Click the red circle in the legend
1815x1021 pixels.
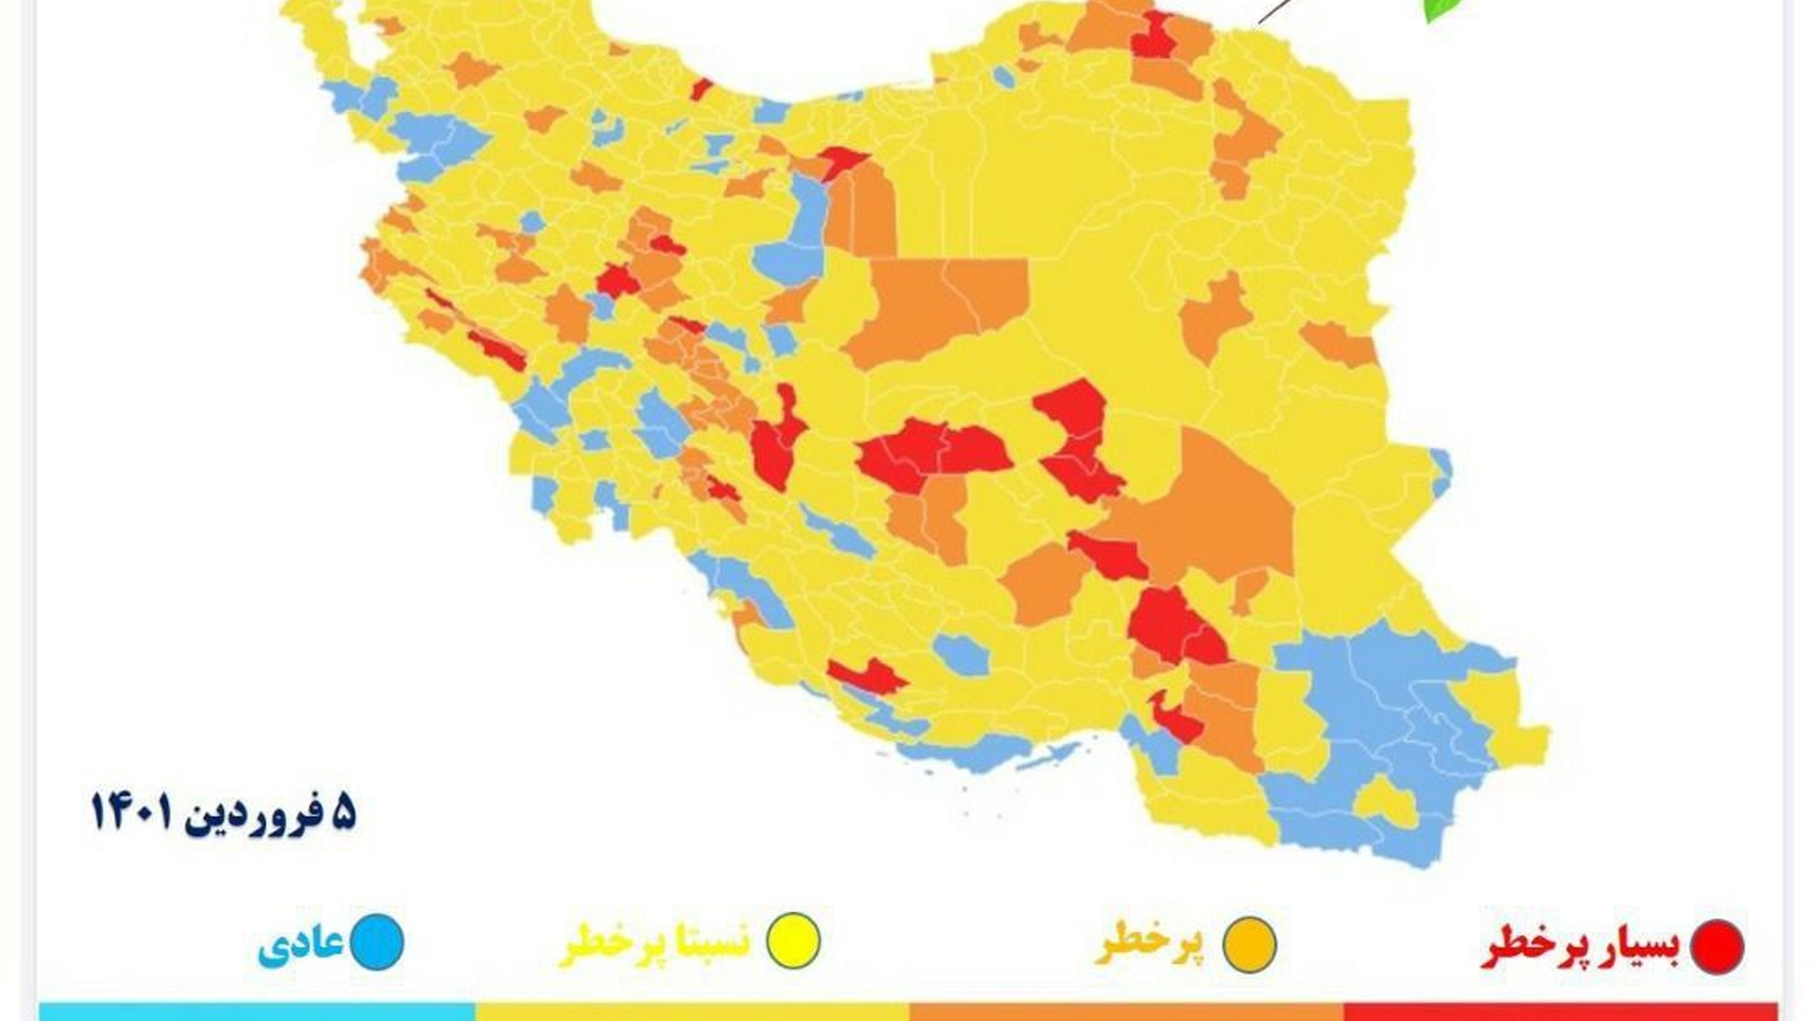point(1717,945)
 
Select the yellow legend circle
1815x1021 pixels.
point(792,942)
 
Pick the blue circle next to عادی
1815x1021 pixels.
point(377,942)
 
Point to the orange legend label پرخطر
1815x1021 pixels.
point(1149,944)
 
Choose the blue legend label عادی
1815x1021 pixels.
point(301,944)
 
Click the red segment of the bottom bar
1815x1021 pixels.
point(1560,1012)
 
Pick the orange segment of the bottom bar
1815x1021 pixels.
point(1125,1012)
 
